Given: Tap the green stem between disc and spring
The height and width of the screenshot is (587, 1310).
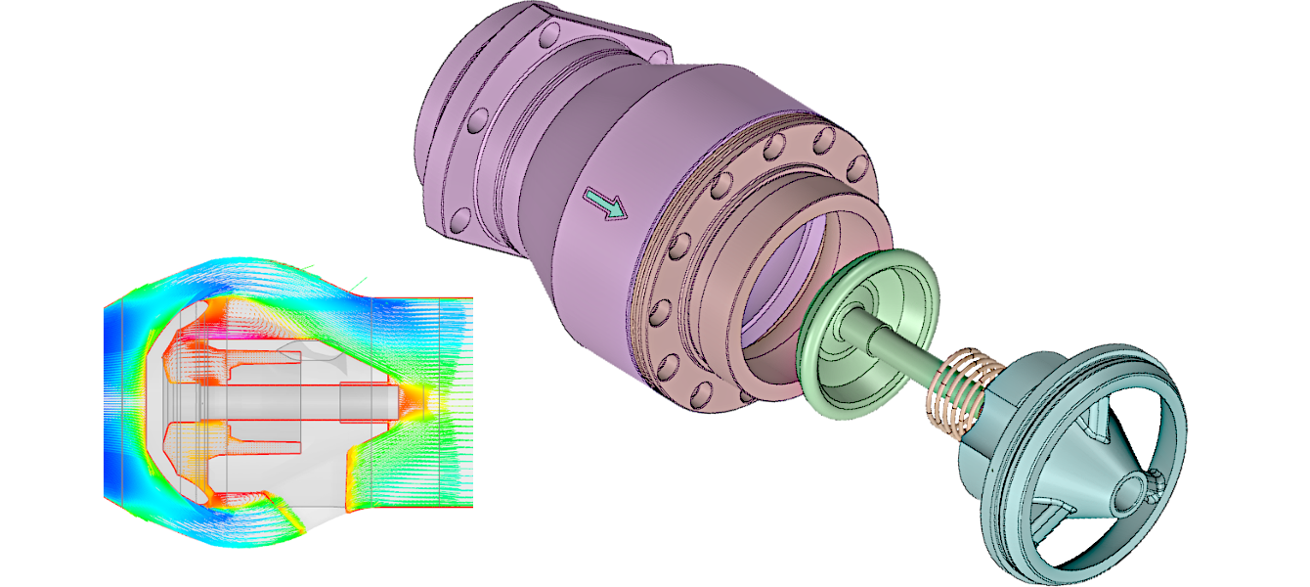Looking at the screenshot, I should [905, 342].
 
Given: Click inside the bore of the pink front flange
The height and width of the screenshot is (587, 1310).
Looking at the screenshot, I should [782, 293].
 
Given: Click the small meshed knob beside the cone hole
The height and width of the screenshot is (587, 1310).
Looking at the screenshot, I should [1157, 478].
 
